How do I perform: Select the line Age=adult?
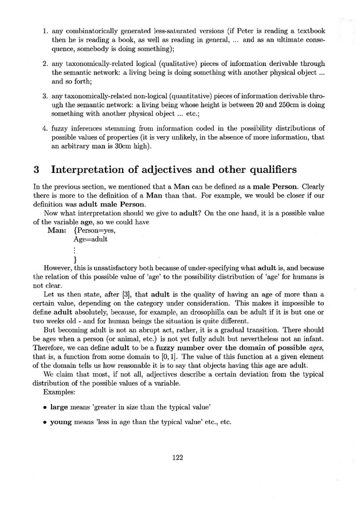point(91,239)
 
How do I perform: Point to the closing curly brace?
point(76,260)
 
